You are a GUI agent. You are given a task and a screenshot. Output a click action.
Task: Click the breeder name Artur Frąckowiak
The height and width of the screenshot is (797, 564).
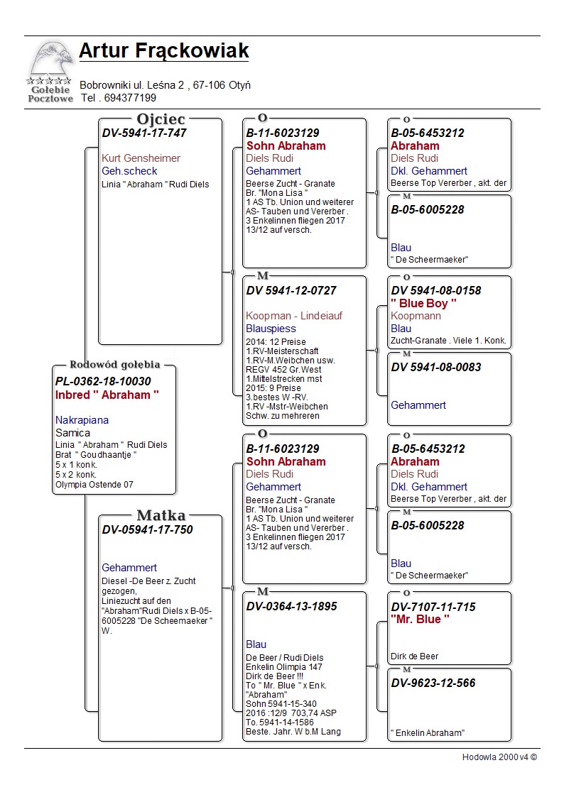163,51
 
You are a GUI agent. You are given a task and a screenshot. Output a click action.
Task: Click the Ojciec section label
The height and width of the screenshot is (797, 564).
161,119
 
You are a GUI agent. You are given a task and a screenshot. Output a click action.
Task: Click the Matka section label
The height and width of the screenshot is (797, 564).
161,515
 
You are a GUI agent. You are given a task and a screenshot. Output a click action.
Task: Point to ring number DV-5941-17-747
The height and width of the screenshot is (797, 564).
144,133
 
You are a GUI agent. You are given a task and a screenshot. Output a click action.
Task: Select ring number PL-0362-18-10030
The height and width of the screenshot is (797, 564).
103,382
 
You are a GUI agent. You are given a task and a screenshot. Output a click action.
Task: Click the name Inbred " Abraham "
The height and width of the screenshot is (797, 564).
107,395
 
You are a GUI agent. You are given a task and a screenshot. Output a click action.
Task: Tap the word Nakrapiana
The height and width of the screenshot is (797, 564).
82,420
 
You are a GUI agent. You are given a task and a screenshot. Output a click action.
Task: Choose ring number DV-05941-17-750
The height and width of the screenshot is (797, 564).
147,529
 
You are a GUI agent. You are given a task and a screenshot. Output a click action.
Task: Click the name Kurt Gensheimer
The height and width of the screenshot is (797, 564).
141,158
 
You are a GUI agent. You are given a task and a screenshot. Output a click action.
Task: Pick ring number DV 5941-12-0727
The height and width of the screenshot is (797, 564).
291,290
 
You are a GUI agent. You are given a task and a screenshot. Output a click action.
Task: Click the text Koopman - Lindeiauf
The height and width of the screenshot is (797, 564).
294,316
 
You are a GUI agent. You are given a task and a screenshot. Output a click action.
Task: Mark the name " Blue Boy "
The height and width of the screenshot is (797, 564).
423,303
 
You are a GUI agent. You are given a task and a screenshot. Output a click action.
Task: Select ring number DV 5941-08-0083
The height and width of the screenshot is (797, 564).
435,367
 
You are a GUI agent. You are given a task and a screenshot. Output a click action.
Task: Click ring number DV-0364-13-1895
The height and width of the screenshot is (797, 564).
291,606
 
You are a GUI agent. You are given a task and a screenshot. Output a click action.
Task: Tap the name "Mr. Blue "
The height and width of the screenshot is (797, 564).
420,619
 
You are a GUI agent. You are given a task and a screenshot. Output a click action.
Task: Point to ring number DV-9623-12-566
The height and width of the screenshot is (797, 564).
433,683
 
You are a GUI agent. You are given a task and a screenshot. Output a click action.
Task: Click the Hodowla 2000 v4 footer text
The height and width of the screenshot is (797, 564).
499,757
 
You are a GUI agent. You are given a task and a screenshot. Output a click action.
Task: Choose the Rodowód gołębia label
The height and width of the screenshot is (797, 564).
114,365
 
